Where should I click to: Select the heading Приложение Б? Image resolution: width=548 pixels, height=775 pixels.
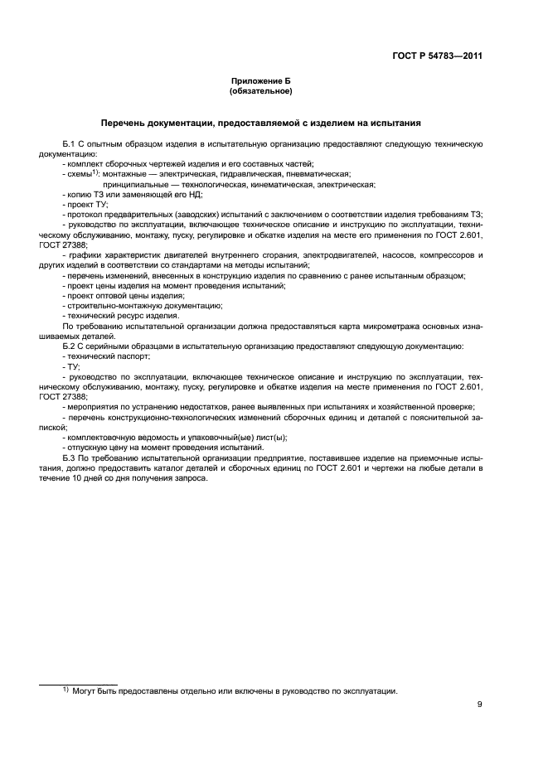[261, 81]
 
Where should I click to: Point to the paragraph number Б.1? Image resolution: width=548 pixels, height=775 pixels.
[70, 144]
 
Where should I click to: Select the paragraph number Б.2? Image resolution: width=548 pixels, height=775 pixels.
[70, 345]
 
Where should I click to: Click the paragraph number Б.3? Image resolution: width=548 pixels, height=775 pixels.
[70, 457]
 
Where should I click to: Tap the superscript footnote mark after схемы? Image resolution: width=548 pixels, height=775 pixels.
[95, 172]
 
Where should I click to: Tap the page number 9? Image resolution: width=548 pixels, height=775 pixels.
[480, 705]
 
